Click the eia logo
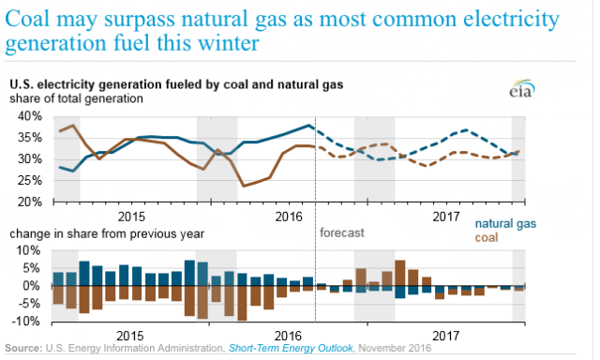(522, 88)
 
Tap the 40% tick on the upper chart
(29, 116)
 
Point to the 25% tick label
(29, 181)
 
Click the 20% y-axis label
(29, 202)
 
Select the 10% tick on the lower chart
(27, 251)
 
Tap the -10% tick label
(25, 321)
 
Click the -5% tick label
(29, 304)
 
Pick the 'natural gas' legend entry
(505, 224)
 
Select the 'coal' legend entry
(487, 237)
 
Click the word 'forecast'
(341, 232)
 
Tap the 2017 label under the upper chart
(446, 217)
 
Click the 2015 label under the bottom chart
(130, 336)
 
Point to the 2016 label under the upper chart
(289, 217)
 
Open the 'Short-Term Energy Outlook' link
(291, 348)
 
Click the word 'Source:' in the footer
(23, 348)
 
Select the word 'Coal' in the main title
(27, 19)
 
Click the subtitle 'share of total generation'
(76, 98)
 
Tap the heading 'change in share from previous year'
(107, 233)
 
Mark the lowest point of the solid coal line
(244, 187)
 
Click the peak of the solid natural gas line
(308, 125)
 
